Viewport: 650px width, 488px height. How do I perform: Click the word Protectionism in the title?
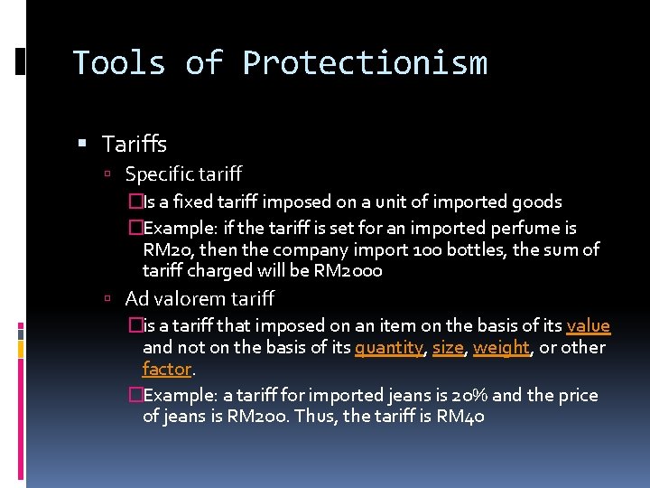click(365, 63)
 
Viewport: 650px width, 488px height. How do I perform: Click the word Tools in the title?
click(119, 63)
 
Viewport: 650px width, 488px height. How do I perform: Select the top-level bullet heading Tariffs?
click(135, 144)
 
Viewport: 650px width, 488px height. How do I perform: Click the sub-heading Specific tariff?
click(183, 174)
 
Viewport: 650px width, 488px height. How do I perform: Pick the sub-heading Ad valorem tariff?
click(199, 298)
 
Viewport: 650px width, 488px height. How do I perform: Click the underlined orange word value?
click(588, 326)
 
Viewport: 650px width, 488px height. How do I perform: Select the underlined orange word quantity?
click(389, 348)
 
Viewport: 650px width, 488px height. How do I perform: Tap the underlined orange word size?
click(447, 348)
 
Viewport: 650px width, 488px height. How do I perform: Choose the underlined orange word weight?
click(500, 348)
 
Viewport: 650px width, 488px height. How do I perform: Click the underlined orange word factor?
click(167, 370)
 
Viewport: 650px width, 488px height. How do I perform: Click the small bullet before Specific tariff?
click(107, 174)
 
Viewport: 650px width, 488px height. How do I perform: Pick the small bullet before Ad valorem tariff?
click(107, 299)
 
